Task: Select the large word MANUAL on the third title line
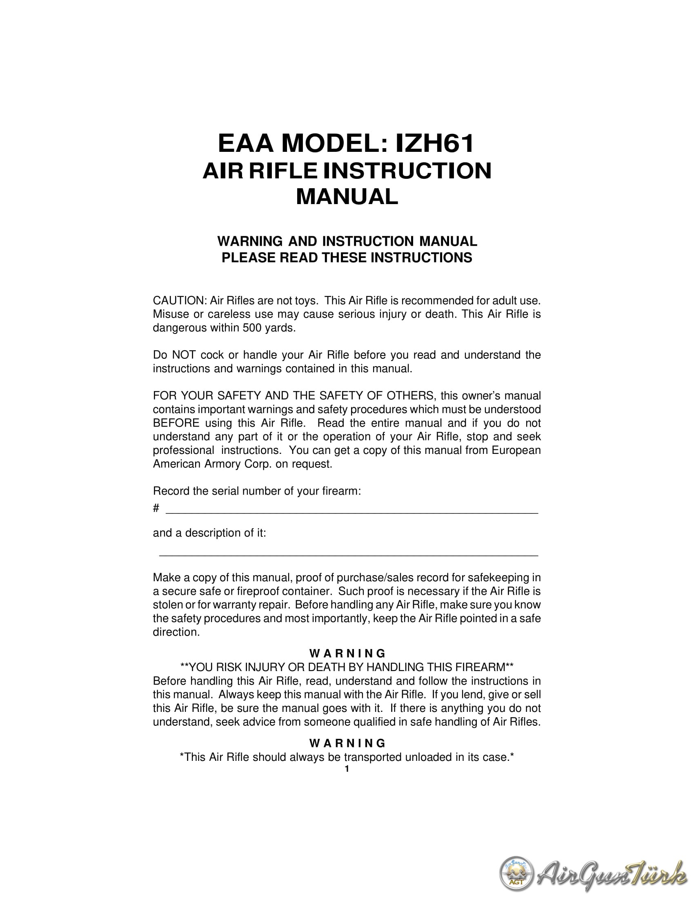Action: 347,197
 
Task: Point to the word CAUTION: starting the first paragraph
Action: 179,300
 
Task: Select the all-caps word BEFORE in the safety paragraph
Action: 176,423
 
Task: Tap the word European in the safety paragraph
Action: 516,450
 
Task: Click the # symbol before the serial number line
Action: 156,508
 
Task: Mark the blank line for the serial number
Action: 351,512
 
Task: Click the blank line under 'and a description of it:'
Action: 348,556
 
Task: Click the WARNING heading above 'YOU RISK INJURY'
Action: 347,653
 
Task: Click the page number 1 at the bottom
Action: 347,769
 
